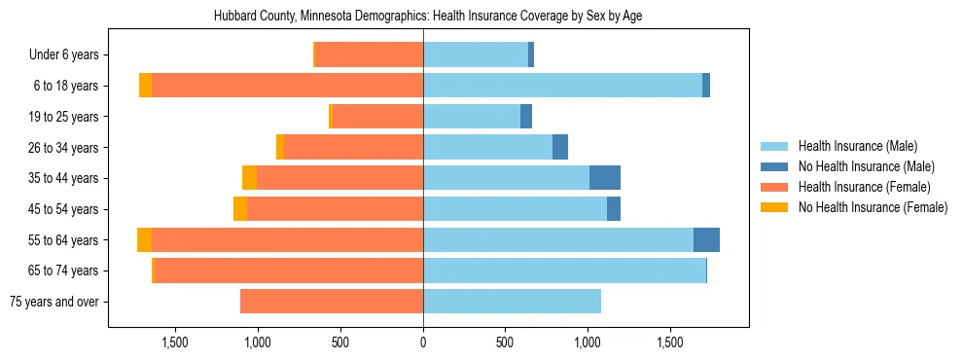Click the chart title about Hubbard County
[x=427, y=17]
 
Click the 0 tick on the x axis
[x=423, y=342]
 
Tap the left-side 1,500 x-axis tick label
[x=174, y=342]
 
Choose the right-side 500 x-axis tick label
[x=505, y=342]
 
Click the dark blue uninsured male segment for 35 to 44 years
[x=605, y=178]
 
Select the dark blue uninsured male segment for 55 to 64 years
[x=706, y=239]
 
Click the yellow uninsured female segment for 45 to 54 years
[x=240, y=209]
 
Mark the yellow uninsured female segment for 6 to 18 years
[x=145, y=86]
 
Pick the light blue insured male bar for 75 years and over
[x=512, y=302]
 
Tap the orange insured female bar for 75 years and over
[x=332, y=302]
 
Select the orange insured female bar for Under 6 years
[x=369, y=55]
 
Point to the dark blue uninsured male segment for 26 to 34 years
[x=560, y=148]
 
